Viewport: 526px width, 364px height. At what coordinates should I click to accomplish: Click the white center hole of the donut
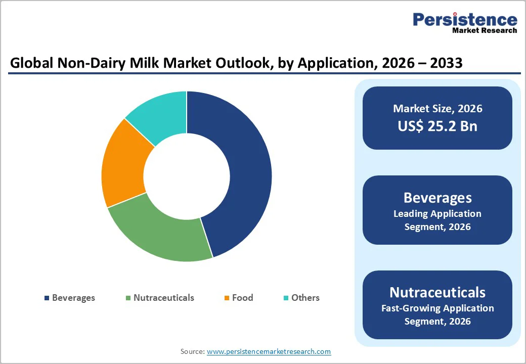[187, 176]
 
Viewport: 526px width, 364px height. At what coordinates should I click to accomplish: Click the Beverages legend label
[73, 298]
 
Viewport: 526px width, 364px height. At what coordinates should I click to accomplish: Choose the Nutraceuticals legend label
[163, 298]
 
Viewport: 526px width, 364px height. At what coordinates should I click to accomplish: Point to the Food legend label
[242, 298]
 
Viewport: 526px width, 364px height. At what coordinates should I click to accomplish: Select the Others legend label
[305, 298]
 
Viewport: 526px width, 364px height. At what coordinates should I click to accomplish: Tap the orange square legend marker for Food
[228, 298]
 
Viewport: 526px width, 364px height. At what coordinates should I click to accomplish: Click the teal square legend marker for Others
[286, 298]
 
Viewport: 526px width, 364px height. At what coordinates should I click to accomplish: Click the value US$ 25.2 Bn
[437, 126]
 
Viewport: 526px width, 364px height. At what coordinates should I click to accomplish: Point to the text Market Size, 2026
[437, 109]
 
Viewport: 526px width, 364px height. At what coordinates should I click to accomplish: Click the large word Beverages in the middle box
[437, 198]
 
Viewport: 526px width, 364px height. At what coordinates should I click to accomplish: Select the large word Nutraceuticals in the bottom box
[437, 292]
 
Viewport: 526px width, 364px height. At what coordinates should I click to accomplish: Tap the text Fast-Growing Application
[437, 308]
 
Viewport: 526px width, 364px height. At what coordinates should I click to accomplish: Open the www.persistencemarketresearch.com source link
[269, 351]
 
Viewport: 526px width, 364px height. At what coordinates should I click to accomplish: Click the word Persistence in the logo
[465, 19]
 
